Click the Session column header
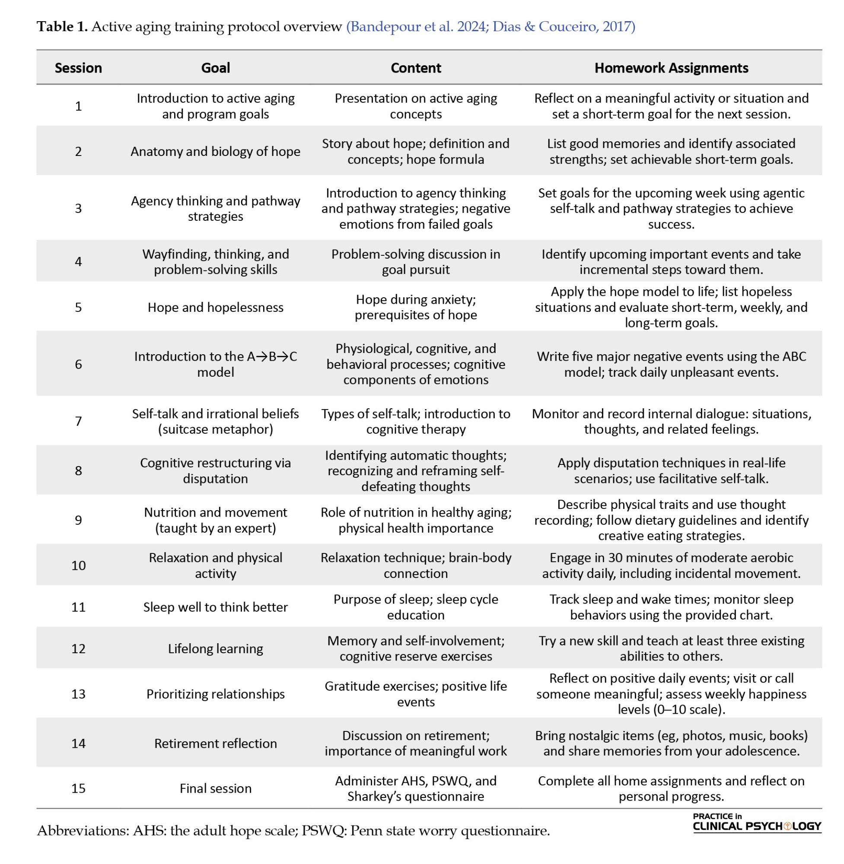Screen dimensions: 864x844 pyautogui.click(x=78, y=68)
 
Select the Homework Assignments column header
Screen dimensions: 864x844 pyautogui.click(x=671, y=68)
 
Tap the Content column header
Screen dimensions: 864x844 pyautogui.click(x=415, y=68)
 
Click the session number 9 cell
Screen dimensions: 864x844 pyautogui.click(x=78, y=520)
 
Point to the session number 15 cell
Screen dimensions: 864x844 pyautogui.click(x=78, y=788)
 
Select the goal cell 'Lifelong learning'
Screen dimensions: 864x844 pyautogui.click(x=216, y=649)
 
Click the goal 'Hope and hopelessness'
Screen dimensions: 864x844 pyautogui.click(x=216, y=307)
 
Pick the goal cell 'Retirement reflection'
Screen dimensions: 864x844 pyautogui.click(x=216, y=743)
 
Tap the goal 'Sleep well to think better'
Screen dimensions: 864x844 pyautogui.click(x=216, y=607)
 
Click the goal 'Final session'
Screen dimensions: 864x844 pyautogui.click(x=216, y=788)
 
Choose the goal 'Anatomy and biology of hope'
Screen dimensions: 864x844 pyautogui.click(x=216, y=152)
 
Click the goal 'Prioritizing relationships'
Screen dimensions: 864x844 pyautogui.click(x=216, y=694)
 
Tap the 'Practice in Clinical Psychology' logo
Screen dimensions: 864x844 pyautogui.click(x=757, y=822)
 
